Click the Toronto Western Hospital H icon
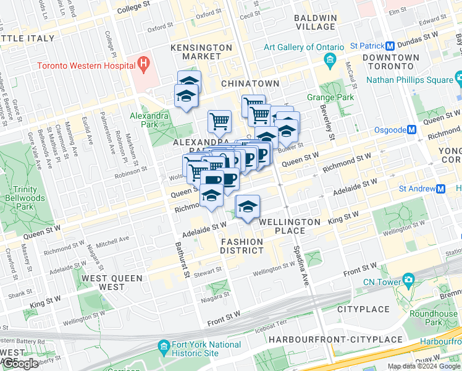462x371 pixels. tap(143, 63)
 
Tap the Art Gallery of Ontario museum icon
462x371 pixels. tap(329, 60)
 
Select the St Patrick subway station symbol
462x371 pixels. tap(390, 46)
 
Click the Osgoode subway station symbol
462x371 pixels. tap(412, 130)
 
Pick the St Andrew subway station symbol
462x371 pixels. tap(440, 189)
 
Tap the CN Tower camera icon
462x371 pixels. tap(408, 279)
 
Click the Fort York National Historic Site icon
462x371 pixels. tap(164, 345)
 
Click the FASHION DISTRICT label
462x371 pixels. tap(242, 246)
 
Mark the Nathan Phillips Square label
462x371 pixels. tap(409, 79)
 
